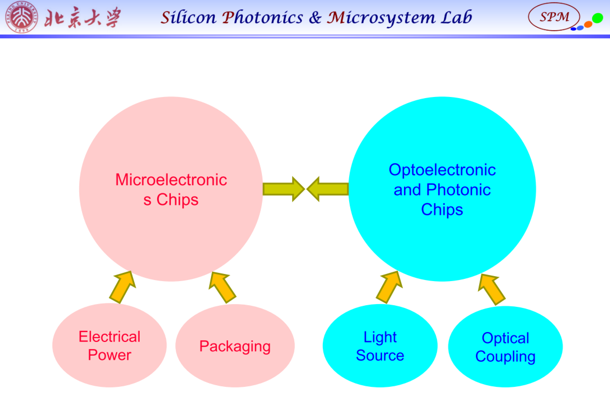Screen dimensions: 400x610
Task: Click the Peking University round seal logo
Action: (x=21, y=17)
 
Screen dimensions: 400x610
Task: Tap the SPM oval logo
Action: (x=554, y=17)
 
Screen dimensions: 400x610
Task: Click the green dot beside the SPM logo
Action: (x=597, y=18)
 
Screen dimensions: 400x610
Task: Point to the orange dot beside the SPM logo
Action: (x=588, y=24)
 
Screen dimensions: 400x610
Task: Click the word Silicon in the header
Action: (x=188, y=18)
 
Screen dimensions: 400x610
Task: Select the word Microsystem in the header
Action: (x=381, y=18)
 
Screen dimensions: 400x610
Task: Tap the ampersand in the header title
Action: (x=315, y=18)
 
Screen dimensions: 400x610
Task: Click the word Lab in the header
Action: (x=456, y=18)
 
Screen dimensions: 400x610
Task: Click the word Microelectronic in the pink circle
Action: (x=171, y=180)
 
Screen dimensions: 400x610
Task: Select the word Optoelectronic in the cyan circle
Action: (x=442, y=170)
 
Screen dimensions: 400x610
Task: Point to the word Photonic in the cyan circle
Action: (x=458, y=190)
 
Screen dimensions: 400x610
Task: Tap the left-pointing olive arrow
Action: (x=328, y=189)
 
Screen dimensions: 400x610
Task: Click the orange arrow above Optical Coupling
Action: (x=492, y=289)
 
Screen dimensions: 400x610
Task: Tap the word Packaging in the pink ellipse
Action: (x=235, y=346)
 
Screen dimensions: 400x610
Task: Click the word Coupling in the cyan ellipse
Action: (x=505, y=356)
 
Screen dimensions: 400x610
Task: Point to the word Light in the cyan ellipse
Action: (x=380, y=337)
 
